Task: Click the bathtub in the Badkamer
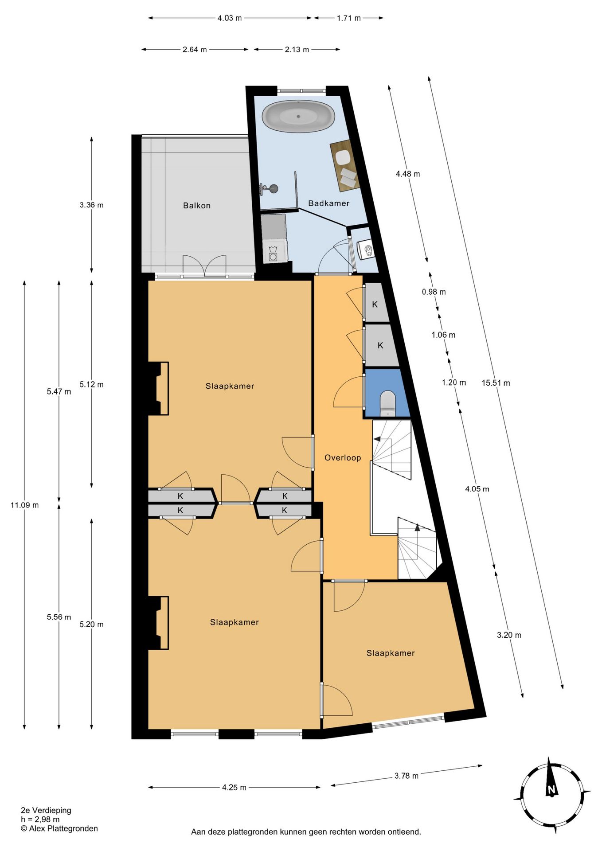click(298, 117)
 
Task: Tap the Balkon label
click(197, 206)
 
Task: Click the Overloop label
click(343, 458)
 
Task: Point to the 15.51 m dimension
click(496, 383)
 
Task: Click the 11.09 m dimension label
click(24, 505)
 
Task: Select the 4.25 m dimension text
click(234, 788)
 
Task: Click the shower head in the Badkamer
click(274, 188)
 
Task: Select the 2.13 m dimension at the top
click(297, 50)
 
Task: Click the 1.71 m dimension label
click(349, 18)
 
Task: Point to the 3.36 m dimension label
click(91, 205)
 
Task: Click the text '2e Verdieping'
click(46, 810)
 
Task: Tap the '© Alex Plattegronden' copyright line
click(59, 828)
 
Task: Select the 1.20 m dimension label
click(454, 383)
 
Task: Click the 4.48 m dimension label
click(408, 174)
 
